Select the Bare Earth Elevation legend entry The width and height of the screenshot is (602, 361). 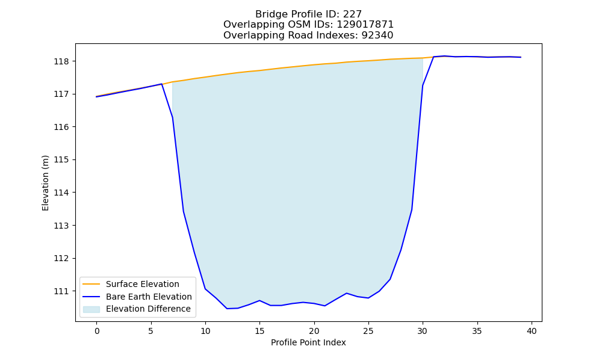137,297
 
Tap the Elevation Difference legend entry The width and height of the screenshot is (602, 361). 137,309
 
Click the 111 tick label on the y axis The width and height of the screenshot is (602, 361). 61,291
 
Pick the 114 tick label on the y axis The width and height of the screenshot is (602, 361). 61,193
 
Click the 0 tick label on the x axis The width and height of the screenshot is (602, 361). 97,331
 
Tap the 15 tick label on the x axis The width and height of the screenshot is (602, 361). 259,331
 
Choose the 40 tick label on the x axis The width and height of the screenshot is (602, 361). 532,331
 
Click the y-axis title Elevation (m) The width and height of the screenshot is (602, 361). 45,183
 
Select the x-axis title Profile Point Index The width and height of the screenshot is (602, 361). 308,342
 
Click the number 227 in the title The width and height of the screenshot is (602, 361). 352,14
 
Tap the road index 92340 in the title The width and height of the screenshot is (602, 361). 377,35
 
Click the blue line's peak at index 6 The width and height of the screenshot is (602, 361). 161,84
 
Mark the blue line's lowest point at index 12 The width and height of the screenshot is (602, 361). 227,309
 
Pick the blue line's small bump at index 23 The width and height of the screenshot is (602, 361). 347,293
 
